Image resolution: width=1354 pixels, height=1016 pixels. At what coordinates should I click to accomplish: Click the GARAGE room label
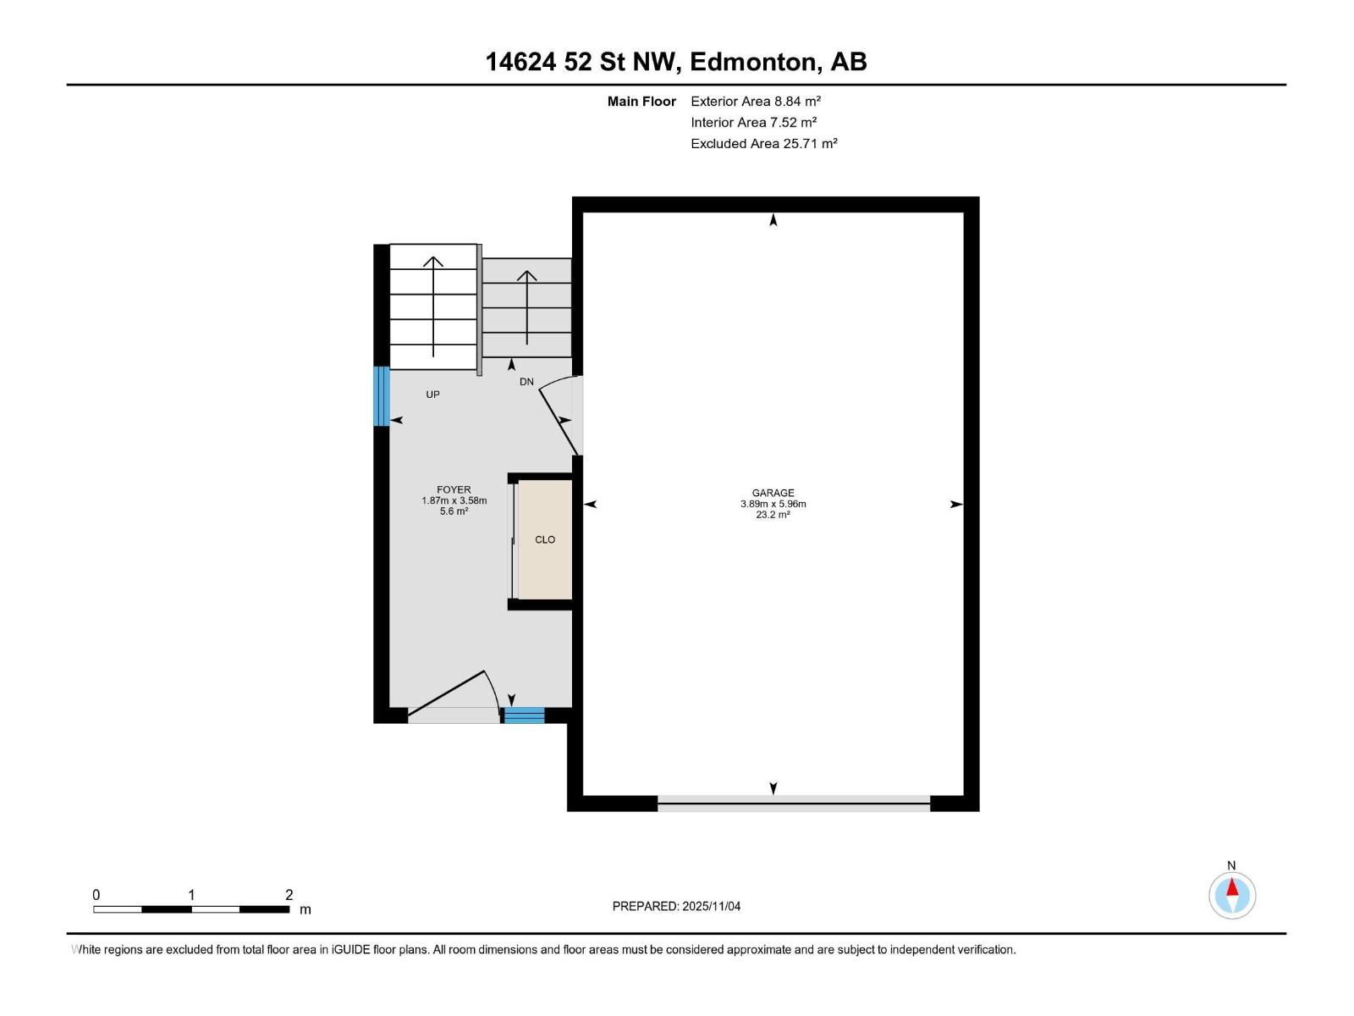773,493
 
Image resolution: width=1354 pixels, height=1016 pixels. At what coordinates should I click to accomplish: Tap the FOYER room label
454,489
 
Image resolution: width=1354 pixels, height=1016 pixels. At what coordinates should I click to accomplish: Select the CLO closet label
545,539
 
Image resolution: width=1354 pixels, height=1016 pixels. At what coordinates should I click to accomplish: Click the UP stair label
432,395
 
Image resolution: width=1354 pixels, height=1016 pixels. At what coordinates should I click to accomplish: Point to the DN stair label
526,382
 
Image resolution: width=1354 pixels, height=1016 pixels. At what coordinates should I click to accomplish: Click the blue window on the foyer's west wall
382,395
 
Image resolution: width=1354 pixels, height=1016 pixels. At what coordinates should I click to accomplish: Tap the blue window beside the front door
524,715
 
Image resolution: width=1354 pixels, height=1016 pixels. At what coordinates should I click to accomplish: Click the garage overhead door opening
793,803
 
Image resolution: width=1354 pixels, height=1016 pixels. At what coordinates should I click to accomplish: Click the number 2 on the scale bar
289,895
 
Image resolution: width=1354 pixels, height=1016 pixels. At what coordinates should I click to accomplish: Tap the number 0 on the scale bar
96,895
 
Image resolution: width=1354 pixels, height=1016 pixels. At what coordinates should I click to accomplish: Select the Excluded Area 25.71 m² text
763,144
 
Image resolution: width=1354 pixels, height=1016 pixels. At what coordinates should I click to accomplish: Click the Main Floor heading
641,102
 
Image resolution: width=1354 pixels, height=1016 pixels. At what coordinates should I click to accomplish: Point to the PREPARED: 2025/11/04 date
676,906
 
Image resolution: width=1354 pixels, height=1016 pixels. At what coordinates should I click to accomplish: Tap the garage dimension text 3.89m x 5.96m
773,504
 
